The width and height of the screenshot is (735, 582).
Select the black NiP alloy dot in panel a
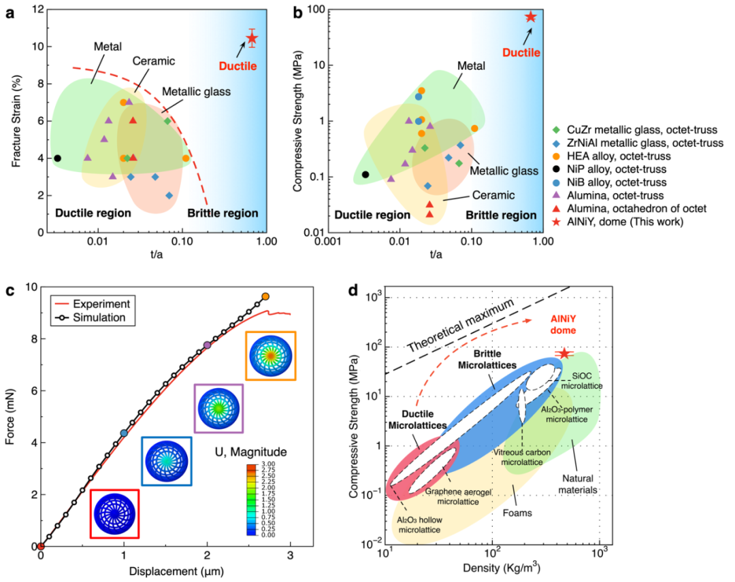[57, 158]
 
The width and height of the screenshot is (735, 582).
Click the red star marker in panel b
[531, 17]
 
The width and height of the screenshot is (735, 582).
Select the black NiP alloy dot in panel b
[365, 175]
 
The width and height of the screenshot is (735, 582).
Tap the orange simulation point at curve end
[265, 296]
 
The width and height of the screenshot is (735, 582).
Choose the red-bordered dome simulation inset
[115, 513]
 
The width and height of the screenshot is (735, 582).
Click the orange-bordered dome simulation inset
[271, 356]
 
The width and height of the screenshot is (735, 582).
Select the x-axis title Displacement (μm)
[168, 569]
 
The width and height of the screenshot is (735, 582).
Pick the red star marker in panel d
[564, 354]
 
